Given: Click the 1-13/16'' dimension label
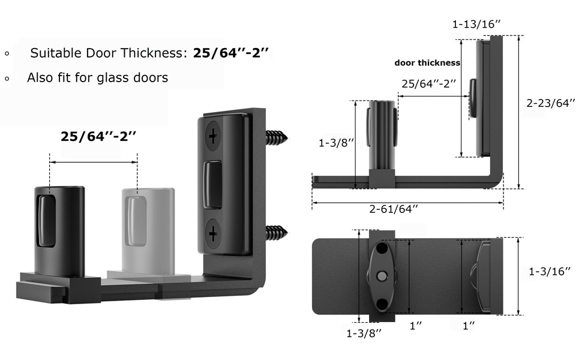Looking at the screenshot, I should coord(477,25).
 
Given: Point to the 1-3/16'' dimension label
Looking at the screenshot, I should coord(549,272).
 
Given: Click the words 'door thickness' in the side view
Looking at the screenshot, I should coord(427,62).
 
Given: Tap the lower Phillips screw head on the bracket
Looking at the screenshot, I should coord(214,232).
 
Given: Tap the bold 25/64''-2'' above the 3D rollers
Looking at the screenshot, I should coord(99,136).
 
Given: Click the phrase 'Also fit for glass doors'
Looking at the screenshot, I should coord(97,77).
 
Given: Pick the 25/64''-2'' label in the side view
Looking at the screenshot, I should coord(429,83).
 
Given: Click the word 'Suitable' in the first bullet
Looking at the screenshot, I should coord(52,53).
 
